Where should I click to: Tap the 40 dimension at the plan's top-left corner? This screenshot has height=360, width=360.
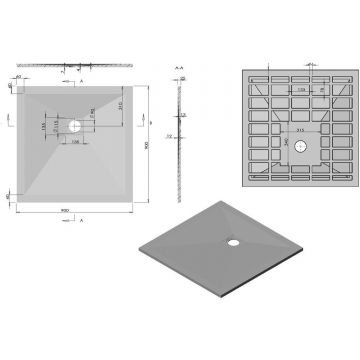click(x=19, y=74)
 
